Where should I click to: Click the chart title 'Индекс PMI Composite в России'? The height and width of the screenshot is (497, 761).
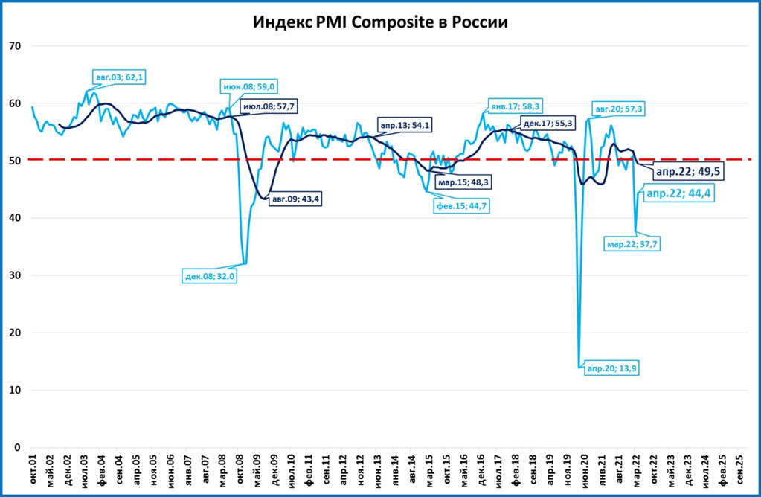point(380,22)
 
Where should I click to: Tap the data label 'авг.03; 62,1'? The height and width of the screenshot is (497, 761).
point(118,77)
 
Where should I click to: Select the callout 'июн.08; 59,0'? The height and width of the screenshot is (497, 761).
point(248,86)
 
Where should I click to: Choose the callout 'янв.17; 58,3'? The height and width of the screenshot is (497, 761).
point(515,106)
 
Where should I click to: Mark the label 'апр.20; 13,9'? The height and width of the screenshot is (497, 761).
point(611,368)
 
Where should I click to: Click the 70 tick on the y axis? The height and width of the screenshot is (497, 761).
point(15,46)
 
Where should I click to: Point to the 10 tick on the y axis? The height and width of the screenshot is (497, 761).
point(15,390)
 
